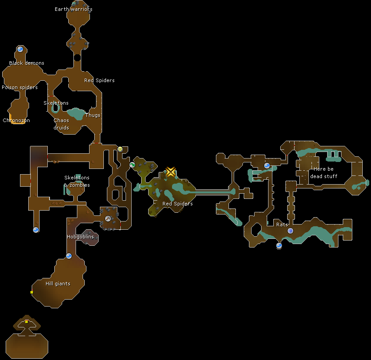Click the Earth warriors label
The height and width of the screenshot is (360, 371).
(73, 9)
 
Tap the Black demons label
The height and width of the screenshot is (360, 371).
(26, 63)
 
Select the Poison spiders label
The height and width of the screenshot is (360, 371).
(20, 88)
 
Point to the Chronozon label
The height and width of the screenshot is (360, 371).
(17, 121)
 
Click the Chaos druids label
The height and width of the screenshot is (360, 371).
(61, 124)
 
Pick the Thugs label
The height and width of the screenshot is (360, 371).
(93, 116)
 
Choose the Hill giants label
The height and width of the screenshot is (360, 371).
(58, 284)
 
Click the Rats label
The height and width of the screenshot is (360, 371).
(282, 225)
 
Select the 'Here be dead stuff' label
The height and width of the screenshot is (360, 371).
(324, 173)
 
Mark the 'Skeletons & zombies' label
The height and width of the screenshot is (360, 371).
(77, 182)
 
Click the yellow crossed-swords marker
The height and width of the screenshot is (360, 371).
(171, 172)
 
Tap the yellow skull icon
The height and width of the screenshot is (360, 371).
(120, 149)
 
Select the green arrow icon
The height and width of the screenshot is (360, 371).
(132, 165)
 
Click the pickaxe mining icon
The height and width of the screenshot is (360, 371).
(108, 218)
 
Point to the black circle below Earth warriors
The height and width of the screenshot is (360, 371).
(77, 57)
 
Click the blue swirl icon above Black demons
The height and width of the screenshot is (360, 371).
(20, 49)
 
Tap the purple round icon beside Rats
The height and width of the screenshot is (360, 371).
(290, 231)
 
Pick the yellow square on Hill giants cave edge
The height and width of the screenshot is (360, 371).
(32, 292)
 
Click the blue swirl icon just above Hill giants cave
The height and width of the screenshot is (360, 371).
(69, 256)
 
